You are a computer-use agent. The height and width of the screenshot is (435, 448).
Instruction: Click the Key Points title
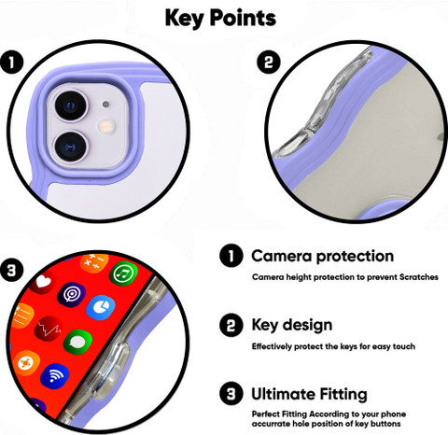[x=220, y=18]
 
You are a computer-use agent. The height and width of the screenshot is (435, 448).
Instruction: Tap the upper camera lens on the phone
[x=71, y=105]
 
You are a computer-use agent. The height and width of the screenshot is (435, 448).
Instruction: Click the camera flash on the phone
[x=106, y=126]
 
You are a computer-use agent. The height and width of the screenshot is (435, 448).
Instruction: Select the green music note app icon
[x=123, y=274]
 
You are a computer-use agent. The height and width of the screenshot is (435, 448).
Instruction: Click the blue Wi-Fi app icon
[x=55, y=376]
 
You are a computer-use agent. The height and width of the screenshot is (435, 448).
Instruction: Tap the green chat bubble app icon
[x=77, y=343]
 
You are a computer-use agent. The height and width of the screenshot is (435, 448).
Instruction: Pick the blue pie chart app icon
[x=101, y=308]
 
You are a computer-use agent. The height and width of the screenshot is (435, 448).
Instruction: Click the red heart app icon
[x=43, y=282]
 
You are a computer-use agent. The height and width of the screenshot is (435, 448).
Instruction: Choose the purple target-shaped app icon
[x=71, y=294]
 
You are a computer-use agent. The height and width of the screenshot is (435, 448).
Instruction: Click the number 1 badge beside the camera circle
[x=11, y=63]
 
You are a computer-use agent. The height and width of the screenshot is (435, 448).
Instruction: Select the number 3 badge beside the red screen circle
[x=11, y=270]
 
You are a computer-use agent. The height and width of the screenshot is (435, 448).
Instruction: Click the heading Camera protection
[x=323, y=257]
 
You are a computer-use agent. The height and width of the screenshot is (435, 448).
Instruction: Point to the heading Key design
[x=292, y=326]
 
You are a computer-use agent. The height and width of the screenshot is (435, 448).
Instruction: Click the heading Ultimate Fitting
[x=309, y=394]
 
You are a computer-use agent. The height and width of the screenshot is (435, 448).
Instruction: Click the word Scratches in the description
[x=419, y=277]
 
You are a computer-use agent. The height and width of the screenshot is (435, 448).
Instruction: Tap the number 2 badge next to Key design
[x=231, y=325]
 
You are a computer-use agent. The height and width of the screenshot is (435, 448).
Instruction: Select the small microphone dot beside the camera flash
[x=105, y=105]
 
